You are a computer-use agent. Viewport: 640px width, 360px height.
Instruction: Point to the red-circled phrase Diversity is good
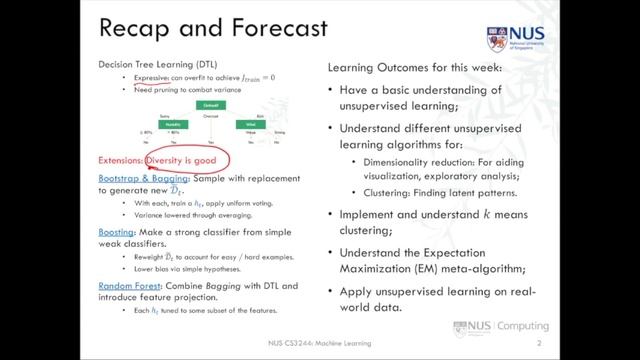tap(187, 160)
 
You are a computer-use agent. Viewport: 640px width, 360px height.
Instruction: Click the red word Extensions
tap(120, 160)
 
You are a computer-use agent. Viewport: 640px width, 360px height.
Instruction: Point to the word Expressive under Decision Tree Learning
tap(155, 77)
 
